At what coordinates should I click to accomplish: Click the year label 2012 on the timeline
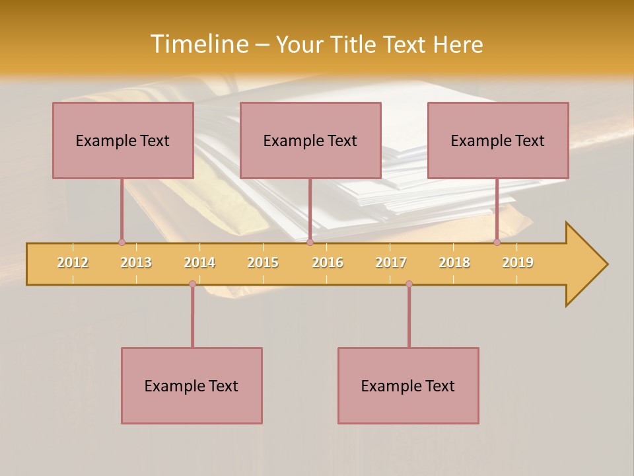coord(73,262)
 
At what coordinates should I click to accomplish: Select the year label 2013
coord(136,262)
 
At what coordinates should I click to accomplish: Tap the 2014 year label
coord(199,262)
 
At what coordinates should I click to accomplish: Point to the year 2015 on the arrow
coord(263,262)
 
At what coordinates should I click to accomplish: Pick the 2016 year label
coord(328,262)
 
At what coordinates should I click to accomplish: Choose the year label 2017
coord(391,262)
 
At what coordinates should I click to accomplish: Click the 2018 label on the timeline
coord(454,262)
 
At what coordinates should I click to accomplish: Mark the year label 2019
coord(518,262)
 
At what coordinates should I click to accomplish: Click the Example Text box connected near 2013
coord(123,141)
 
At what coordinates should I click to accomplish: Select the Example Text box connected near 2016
coord(310,141)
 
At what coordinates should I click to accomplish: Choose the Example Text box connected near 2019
coord(498,141)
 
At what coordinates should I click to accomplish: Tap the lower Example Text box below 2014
coord(192,386)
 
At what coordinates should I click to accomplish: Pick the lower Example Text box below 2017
coord(408,386)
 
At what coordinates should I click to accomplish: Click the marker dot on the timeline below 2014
coord(192,284)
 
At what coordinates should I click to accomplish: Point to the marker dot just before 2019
coord(497,243)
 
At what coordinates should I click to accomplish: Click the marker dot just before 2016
coord(310,243)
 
